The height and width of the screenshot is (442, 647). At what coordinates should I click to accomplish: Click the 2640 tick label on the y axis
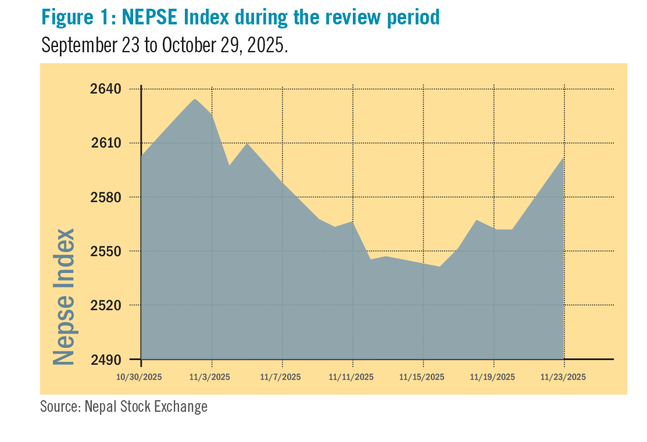tap(106, 89)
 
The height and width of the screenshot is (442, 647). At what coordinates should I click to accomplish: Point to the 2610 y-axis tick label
tap(106, 143)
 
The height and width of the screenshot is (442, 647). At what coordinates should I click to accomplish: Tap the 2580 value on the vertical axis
tap(106, 197)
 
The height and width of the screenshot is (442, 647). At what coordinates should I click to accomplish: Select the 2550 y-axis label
tap(106, 251)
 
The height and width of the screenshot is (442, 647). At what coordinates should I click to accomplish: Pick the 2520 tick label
tap(106, 305)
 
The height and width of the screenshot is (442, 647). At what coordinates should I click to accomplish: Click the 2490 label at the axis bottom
tap(106, 359)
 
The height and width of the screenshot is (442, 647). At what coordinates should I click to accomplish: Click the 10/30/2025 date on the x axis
tap(139, 377)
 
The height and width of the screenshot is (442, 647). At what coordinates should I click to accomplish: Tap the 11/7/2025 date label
tap(282, 377)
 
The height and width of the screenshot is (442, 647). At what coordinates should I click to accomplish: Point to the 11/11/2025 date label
tap(351, 377)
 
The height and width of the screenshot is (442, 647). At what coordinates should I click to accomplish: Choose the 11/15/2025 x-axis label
tap(422, 377)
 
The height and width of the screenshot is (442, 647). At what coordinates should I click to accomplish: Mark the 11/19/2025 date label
tap(493, 377)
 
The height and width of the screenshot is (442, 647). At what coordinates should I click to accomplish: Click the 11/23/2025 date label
tap(563, 377)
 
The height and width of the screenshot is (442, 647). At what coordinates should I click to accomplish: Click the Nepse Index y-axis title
tap(64, 296)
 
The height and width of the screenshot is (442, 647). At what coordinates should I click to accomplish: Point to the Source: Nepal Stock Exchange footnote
tap(123, 407)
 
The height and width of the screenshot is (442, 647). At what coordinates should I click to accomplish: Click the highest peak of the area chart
tap(195, 99)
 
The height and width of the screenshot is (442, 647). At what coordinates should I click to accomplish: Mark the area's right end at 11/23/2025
tap(564, 158)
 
